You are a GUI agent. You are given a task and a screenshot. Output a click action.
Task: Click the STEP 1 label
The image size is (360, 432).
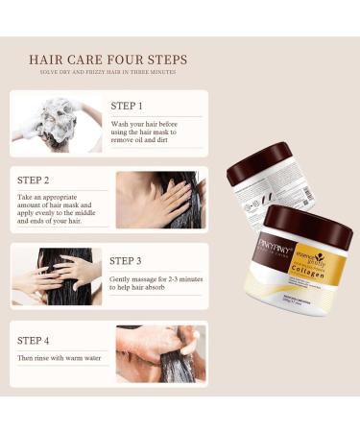(x=127, y=106)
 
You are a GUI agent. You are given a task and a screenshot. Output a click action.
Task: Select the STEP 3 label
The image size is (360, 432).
(x=127, y=260)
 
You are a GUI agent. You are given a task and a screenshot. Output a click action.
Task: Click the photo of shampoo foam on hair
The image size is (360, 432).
(x=57, y=124)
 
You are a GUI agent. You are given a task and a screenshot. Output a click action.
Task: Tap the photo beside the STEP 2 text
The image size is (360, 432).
(x=160, y=200)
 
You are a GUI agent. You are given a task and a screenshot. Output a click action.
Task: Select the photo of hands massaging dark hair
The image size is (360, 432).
(x=57, y=278)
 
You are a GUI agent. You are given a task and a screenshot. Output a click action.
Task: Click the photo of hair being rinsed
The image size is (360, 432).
(x=160, y=353)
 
